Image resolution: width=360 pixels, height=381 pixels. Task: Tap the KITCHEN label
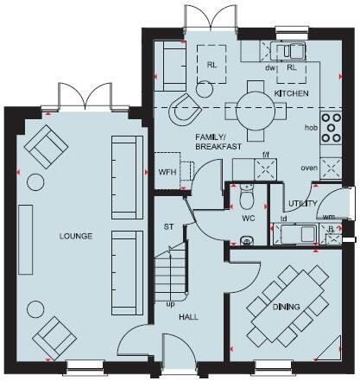291,92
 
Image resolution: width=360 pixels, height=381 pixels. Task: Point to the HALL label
188,317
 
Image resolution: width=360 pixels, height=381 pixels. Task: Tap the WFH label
166,171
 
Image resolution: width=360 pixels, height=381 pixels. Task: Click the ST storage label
168,228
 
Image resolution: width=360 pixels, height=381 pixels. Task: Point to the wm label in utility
330,218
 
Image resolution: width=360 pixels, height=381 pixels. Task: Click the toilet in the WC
247,200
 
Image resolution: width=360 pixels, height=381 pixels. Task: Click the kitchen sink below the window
285,51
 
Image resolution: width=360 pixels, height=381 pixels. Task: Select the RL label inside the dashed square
212,65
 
